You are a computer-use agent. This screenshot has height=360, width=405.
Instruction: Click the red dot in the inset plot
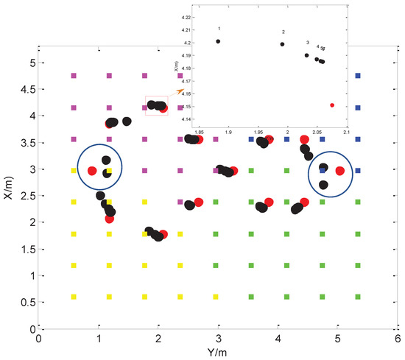332,105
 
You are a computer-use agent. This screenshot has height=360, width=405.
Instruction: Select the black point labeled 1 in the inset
218,41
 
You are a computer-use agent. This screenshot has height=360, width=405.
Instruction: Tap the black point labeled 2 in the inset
282,44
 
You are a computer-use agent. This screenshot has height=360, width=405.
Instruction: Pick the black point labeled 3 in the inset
307,55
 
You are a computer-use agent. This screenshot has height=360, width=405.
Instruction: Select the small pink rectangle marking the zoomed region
157,105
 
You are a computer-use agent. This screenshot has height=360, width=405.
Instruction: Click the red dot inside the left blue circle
92,171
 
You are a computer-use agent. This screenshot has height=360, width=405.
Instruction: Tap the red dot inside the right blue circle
339,171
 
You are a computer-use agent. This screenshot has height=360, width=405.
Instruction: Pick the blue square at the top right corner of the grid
358,75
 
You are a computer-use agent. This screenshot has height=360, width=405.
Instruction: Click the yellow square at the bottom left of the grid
73,297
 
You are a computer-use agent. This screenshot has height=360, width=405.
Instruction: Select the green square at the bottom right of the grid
358,297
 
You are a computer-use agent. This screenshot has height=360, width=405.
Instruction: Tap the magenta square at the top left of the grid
73,75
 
